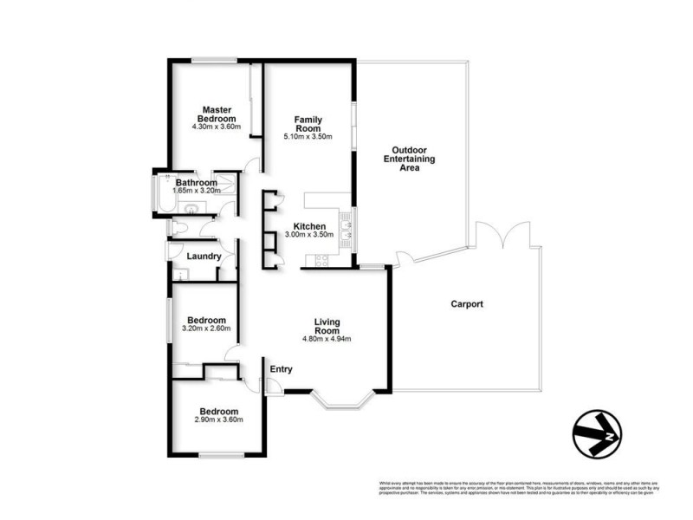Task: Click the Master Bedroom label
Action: point(216,114)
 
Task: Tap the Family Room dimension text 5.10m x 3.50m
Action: point(308,135)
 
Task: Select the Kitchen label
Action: point(309,226)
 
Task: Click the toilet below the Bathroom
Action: point(179,227)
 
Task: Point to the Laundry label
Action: point(204,257)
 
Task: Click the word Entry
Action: point(281,369)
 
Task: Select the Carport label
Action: point(467,304)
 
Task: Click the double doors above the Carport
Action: point(502,233)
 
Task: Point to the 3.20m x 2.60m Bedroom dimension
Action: point(206,328)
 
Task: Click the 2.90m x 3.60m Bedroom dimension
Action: point(217,419)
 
